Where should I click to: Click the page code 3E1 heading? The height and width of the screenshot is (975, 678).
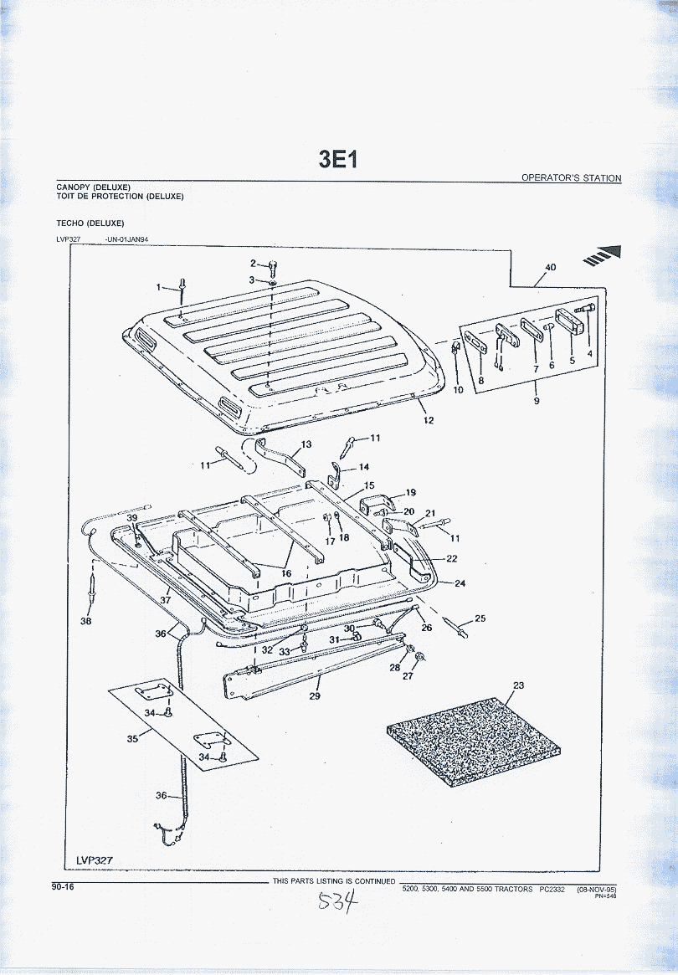click(x=338, y=159)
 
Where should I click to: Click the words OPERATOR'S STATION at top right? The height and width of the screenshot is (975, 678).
click(x=571, y=178)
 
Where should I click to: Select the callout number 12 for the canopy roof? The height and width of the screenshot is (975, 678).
click(x=429, y=420)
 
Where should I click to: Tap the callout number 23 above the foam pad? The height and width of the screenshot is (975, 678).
click(x=518, y=685)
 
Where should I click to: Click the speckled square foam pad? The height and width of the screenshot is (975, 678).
click(x=471, y=732)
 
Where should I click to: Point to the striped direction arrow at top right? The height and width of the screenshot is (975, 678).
click(x=604, y=254)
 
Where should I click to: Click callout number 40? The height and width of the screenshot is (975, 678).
click(x=550, y=268)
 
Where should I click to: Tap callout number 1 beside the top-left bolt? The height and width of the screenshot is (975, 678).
click(x=159, y=287)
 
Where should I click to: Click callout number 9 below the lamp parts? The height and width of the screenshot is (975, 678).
click(x=537, y=401)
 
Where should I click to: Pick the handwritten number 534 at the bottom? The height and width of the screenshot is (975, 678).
click(x=338, y=902)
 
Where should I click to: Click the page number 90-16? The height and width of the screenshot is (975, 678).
click(x=63, y=886)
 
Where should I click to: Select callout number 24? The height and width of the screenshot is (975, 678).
click(x=460, y=583)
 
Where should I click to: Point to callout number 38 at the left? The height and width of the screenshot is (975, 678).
click(x=86, y=621)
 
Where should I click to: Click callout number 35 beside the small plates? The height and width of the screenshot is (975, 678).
click(x=132, y=739)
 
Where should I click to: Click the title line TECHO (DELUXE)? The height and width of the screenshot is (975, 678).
click(x=90, y=223)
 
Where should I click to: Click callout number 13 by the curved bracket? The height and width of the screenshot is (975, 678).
click(x=306, y=444)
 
